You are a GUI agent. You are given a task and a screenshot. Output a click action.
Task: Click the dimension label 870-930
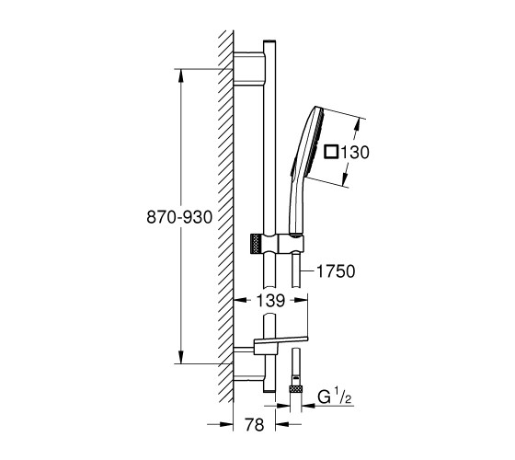click(179, 217)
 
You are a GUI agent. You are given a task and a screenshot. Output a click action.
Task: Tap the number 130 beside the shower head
click(355, 153)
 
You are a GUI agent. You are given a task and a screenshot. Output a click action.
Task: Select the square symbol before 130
click(331, 152)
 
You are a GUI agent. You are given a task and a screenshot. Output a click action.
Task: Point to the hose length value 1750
click(336, 271)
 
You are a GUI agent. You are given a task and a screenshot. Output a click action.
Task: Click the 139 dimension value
click(270, 300)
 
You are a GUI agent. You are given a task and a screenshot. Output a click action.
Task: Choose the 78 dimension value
click(254, 424)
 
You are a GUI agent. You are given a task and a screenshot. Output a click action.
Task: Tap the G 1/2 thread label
click(335, 396)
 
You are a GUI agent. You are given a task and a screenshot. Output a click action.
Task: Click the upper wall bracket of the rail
click(248, 69)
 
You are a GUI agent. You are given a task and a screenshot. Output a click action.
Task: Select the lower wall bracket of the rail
click(248, 363)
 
